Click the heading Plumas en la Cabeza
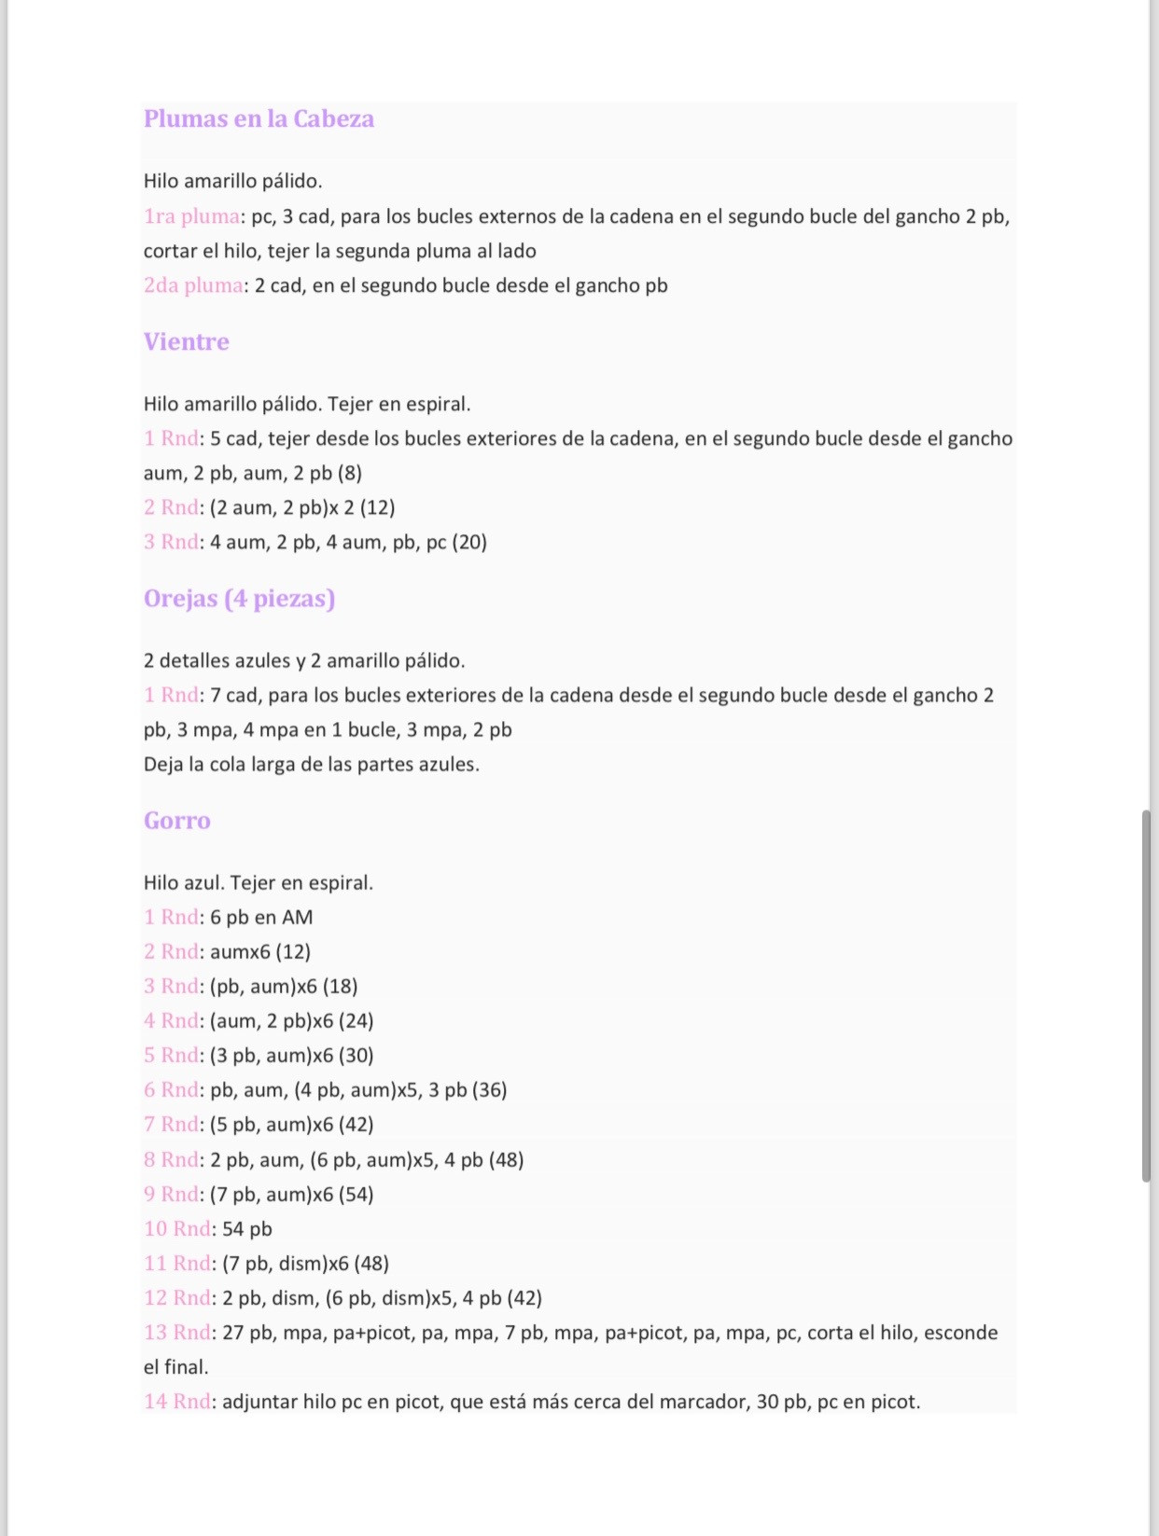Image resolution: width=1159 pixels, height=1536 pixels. click(x=258, y=119)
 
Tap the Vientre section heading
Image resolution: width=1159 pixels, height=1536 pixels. click(x=186, y=342)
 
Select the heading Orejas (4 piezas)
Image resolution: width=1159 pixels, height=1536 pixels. click(x=239, y=599)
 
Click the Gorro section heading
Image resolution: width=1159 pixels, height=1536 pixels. click(x=176, y=821)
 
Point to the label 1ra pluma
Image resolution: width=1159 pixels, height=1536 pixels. click(x=191, y=216)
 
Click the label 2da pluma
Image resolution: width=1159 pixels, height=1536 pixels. click(x=193, y=285)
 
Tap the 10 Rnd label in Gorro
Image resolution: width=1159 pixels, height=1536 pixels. click(x=177, y=1229)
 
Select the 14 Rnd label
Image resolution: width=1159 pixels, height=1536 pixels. click(x=177, y=1402)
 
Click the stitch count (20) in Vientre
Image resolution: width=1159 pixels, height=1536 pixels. click(x=469, y=542)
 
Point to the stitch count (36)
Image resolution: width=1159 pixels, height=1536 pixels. click(x=490, y=1089)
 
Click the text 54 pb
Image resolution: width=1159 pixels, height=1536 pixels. click(x=247, y=1229)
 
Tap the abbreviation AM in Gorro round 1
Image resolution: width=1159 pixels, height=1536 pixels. click(x=297, y=917)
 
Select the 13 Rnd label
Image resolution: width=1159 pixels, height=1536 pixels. click(x=177, y=1333)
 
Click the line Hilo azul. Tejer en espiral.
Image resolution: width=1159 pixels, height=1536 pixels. click(x=258, y=882)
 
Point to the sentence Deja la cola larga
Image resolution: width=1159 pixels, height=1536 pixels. click(x=311, y=765)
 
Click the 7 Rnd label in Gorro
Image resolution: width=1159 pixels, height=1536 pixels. click(x=172, y=1125)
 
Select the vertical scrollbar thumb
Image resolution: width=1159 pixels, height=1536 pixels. click(x=1146, y=996)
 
